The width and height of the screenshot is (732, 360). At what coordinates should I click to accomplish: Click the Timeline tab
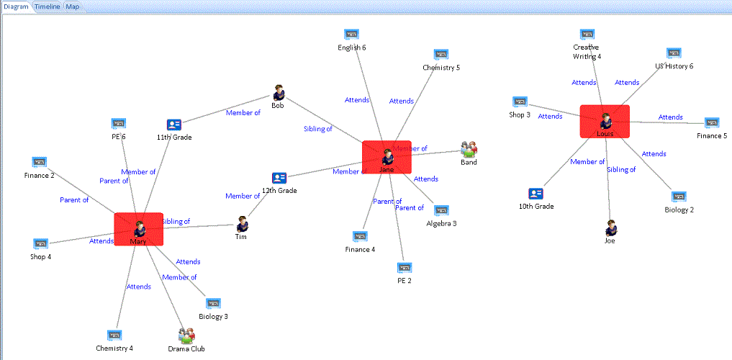[x=48, y=6]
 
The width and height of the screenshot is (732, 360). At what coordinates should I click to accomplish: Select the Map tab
[x=73, y=6]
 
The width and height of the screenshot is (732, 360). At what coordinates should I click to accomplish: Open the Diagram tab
[x=16, y=6]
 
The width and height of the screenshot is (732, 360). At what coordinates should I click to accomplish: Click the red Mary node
[x=138, y=230]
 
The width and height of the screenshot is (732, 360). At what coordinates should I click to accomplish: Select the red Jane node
[x=387, y=157]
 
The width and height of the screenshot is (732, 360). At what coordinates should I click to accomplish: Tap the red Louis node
[x=605, y=122]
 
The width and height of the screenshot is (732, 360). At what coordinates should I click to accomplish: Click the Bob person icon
[x=279, y=93]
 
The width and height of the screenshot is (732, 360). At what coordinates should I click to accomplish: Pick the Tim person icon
[x=242, y=224]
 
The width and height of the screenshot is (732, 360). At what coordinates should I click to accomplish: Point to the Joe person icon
[x=610, y=228]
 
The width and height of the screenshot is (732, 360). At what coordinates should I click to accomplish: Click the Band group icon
[x=469, y=149]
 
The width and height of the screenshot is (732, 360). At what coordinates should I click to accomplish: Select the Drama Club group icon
[x=186, y=335]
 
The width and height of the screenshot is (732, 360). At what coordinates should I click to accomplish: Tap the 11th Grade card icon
[x=173, y=125]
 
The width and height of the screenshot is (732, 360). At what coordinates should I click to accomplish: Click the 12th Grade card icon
[x=279, y=178]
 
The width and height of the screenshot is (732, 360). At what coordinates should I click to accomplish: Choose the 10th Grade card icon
[x=536, y=193]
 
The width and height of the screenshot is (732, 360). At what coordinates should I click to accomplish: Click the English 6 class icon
[x=351, y=35]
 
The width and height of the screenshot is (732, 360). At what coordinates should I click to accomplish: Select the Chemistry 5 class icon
[x=441, y=54]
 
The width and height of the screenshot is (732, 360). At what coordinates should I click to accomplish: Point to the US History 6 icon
[x=674, y=53]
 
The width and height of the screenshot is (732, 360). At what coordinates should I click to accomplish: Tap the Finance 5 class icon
[x=712, y=122]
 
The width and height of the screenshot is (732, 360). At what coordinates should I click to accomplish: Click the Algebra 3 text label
[x=441, y=223]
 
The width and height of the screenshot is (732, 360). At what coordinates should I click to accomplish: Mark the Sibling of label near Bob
[x=317, y=129]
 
